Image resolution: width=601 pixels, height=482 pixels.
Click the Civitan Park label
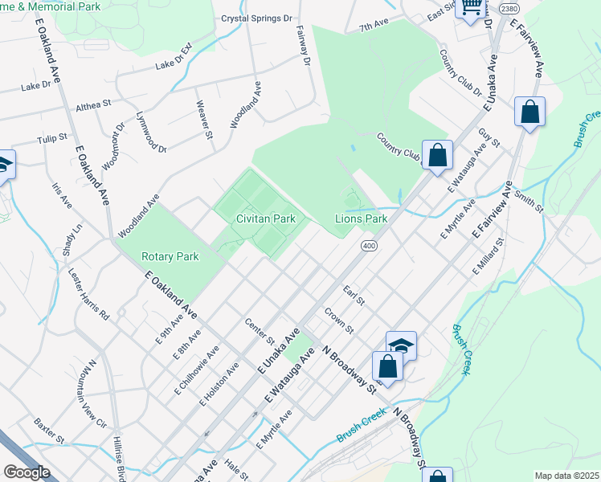pyautogui.click(x=265, y=219)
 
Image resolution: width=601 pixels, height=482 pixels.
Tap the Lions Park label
pyautogui.click(x=361, y=219)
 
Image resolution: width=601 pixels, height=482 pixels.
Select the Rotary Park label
pyautogui.click(x=170, y=256)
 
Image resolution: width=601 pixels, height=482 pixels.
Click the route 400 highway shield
pyautogui.click(x=369, y=245)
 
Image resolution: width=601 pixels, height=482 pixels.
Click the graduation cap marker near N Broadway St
pyautogui.click(x=401, y=346)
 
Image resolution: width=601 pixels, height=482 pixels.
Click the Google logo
pyautogui.click(x=27, y=472)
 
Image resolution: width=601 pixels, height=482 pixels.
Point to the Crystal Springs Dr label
pyautogui.click(x=256, y=18)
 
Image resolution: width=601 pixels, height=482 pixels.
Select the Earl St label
pyautogui.click(x=354, y=296)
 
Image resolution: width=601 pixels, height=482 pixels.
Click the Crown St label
pyautogui.click(x=338, y=320)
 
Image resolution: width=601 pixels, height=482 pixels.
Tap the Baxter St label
pyautogui.click(x=49, y=430)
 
